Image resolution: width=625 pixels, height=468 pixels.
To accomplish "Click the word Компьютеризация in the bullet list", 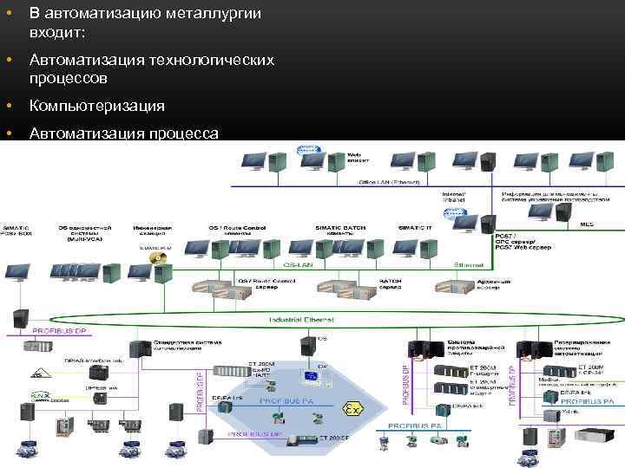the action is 95,106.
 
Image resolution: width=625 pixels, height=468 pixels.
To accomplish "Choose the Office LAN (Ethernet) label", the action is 389,183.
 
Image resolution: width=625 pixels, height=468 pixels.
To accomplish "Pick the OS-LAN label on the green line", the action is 297,266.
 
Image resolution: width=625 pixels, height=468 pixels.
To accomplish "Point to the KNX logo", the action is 40,396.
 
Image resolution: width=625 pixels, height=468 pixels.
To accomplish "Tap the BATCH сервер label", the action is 391,283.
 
